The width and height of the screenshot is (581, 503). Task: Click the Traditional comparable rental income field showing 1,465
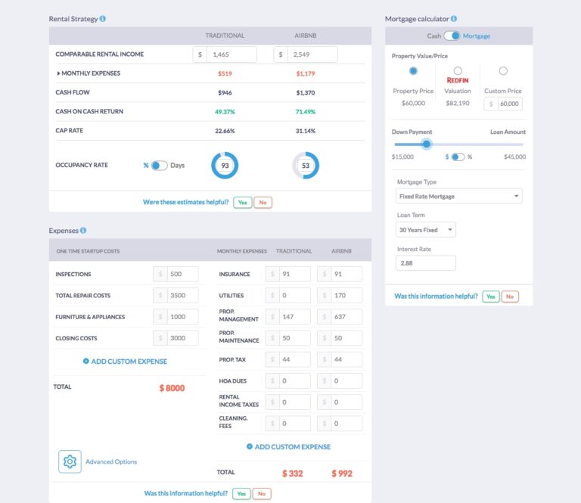coord(231,54)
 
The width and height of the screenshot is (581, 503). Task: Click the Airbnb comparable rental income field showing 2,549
coord(312,54)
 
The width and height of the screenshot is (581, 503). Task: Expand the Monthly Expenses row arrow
coord(59,73)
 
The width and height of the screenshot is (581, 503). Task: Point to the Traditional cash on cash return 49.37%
coord(225,112)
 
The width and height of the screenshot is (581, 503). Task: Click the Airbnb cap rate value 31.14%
coord(306,131)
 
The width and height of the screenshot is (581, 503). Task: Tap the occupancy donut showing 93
coord(225,166)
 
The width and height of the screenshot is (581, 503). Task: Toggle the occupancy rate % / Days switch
coord(159,166)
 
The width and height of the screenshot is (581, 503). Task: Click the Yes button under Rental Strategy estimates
coord(242,203)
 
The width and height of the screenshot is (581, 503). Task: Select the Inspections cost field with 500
coord(182,275)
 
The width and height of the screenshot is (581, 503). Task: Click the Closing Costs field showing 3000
coord(182,338)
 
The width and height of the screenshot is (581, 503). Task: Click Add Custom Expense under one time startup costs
coord(125,362)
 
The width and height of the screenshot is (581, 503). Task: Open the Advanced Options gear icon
coord(70,461)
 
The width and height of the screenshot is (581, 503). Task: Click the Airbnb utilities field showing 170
coord(345,296)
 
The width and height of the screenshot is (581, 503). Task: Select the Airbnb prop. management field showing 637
coord(345,317)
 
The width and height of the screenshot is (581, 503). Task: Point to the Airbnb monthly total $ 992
coord(342,474)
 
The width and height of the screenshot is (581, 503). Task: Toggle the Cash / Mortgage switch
coord(452,36)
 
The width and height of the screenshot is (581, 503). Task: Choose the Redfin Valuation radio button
coord(458,71)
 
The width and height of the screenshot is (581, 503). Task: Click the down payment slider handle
coord(426,144)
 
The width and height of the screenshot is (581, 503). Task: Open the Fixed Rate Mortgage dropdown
coord(459,196)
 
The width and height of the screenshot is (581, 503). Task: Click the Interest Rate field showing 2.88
coord(426,263)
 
